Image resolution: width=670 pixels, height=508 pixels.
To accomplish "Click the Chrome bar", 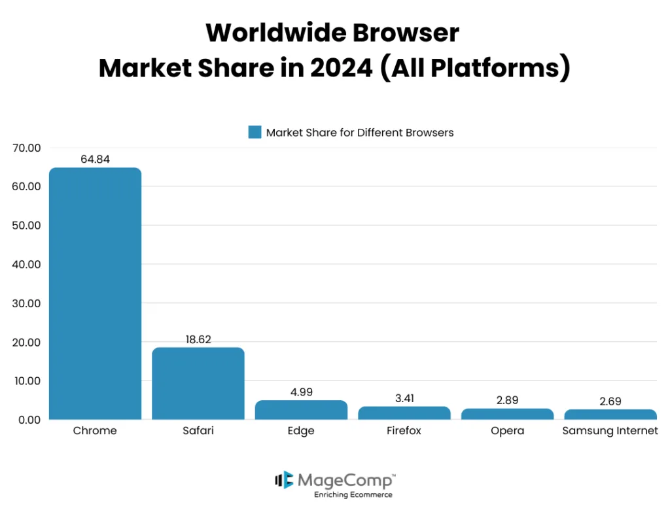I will [95, 294].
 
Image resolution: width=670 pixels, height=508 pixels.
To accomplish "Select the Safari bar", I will [198, 384].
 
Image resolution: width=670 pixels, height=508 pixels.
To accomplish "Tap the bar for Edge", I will [301, 410].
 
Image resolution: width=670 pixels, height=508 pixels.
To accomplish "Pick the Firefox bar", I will [404, 413].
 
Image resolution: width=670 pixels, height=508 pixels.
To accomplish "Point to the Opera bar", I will [507, 414].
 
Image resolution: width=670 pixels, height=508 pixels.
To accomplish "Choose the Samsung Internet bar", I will [610, 415].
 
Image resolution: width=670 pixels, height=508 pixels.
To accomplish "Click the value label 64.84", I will [95, 159].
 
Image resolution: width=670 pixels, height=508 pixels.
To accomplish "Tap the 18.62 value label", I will [198, 339].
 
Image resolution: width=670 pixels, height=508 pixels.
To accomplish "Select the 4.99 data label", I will [301, 392].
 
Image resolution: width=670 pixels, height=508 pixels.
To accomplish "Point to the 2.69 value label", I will [610, 401].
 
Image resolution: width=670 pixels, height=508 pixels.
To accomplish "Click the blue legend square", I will [255, 132].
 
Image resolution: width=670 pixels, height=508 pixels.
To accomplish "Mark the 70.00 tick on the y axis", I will [27, 148].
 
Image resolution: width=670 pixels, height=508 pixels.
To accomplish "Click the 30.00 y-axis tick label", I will [27, 303].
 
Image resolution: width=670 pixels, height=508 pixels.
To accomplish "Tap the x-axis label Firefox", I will [404, 431].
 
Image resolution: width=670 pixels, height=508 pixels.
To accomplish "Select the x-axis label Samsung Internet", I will [610, 431].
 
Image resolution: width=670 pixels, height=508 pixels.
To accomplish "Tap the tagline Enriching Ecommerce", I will [353, 495].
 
